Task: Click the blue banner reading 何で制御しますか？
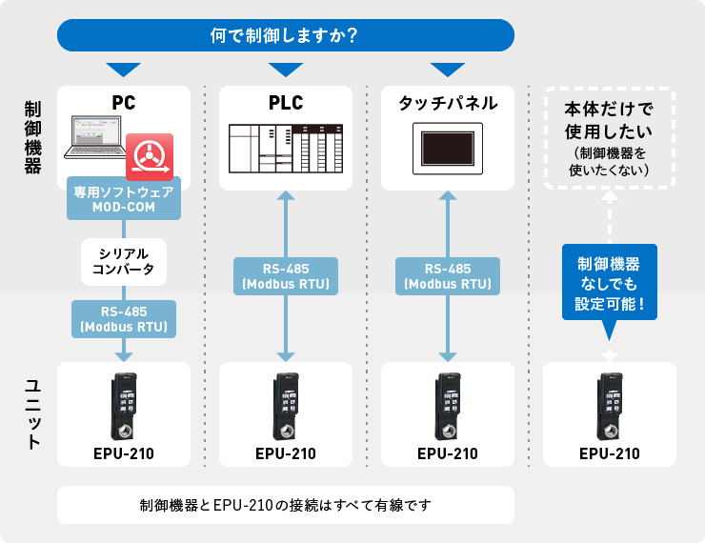[x=286, y=35]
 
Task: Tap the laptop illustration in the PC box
[x=100, y=138]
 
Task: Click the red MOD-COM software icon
[x=150, y=155]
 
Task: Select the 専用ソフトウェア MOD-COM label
[x=124, y=198]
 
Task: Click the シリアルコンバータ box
[x=124, y=262]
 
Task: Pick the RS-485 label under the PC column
[x=124, y=319]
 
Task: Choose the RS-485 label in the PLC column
[x=286, y=275]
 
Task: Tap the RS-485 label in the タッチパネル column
[x=448, y=275]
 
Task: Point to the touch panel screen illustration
[x=448, y=150]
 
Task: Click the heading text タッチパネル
[x=448, y=103]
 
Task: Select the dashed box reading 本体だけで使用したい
[x=609, y=138]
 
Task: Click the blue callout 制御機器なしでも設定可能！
[x=609, y=282]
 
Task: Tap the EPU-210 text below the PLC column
[x=286, y=453]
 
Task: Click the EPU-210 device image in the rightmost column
[x=609, y=404]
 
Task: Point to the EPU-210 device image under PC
[x=124, y=404]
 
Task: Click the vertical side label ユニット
[x=32, y=414]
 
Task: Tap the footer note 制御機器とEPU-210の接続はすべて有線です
[x=286, y=505]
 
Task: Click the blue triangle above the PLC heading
[x=286, y=70]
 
